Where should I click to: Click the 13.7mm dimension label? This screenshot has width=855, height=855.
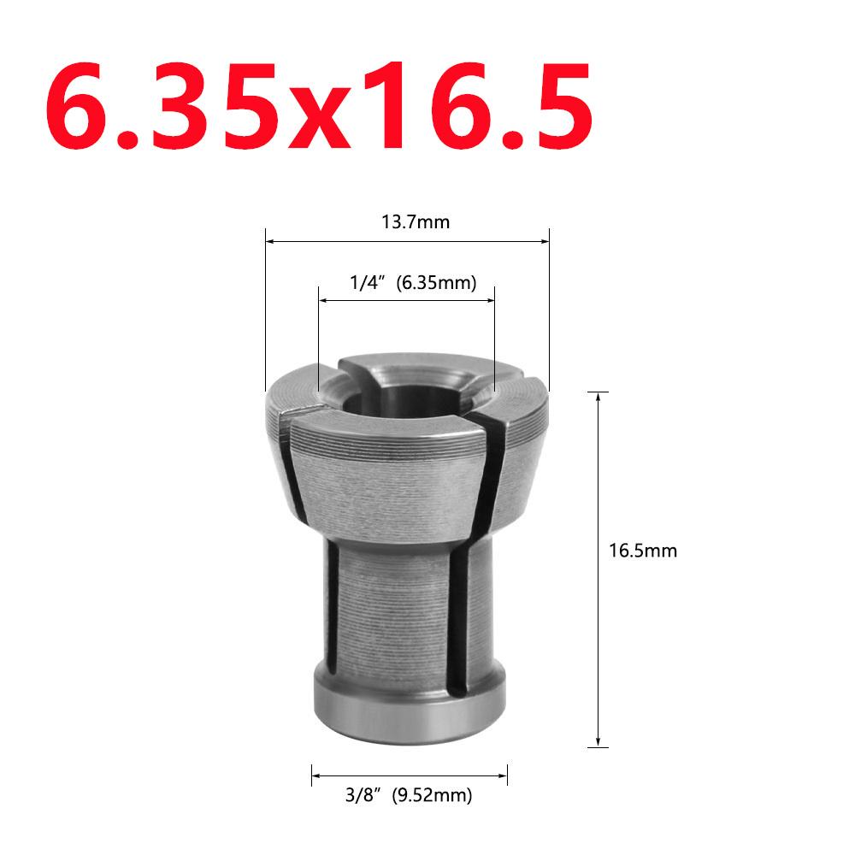(x=415, y=224)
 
